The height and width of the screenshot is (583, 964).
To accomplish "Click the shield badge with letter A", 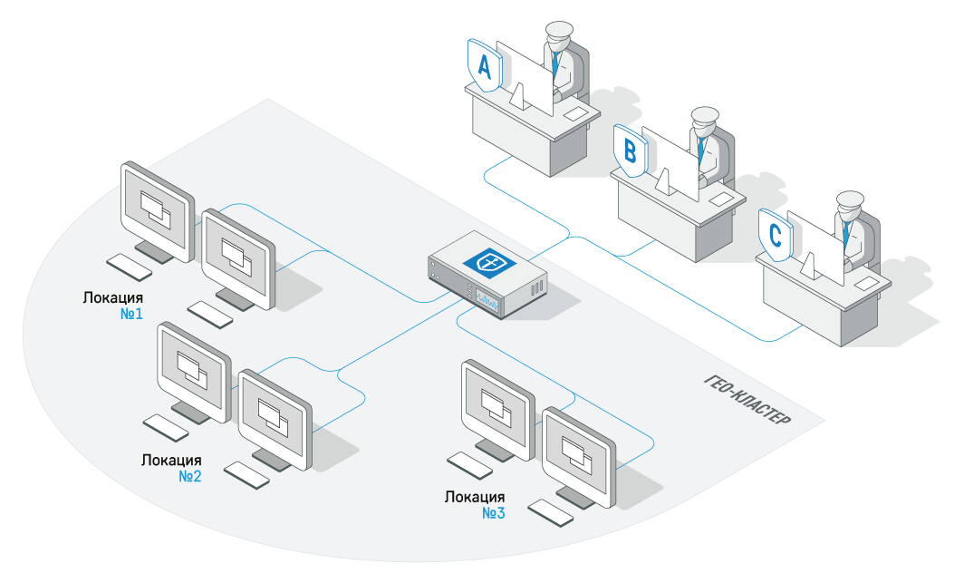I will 484,66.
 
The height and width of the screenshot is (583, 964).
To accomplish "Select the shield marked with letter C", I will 776,235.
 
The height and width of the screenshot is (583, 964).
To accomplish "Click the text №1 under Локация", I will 133,314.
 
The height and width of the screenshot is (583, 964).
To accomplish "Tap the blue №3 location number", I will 493,513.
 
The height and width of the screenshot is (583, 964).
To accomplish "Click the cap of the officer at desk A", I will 557,33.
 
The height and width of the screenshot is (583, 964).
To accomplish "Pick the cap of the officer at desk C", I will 851,200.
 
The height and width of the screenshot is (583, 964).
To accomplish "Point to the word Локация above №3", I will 475,497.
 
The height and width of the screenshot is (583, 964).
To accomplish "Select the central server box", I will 488,273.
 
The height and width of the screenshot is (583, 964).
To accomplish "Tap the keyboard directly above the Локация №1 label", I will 130,267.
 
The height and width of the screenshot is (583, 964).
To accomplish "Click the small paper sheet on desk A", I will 575,115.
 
